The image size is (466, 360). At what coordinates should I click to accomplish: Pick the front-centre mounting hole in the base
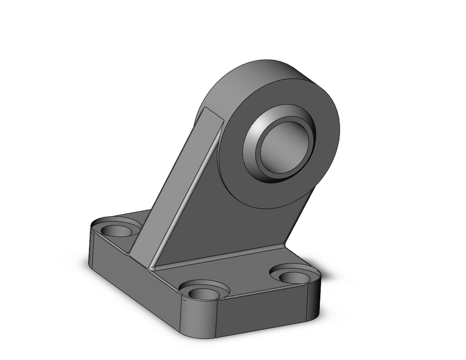[204, 293]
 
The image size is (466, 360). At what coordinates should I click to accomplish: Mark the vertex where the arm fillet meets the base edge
[151, 269]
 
